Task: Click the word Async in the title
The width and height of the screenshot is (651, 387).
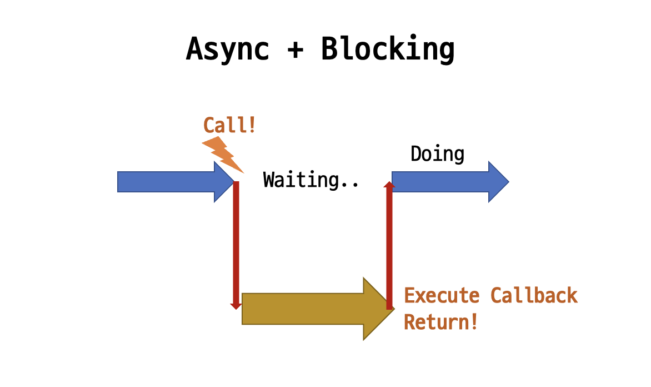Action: pos(228,49)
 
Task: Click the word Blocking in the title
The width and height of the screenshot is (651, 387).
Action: pos(388,49)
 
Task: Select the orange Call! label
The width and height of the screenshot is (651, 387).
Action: pos(229,125)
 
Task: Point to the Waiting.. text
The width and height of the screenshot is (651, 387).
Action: pos(311,180)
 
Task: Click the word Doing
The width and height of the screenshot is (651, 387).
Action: pos(437,153)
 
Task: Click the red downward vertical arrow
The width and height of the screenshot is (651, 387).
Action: pos(236,245)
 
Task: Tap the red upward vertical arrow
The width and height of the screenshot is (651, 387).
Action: pos(389,245)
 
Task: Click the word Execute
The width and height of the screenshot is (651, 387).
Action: pos(442,295)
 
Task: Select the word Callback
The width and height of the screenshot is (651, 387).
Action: pos(534,295)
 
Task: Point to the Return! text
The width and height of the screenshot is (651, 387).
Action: pos(441,322)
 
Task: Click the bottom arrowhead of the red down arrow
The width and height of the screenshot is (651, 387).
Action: pos(236,306)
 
